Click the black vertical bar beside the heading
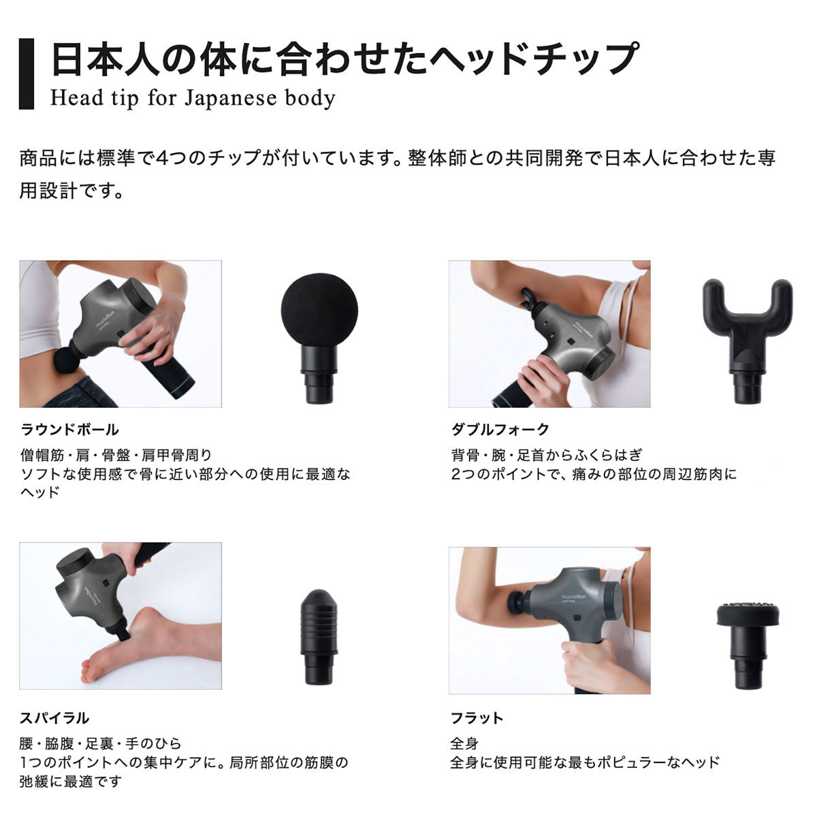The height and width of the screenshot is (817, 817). (26, 74)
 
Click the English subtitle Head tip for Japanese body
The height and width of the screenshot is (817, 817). (193, 98)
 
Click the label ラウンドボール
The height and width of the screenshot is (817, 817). (70, 430)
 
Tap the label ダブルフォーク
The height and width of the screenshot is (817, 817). (500, 430)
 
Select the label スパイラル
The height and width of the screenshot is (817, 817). (55, 718)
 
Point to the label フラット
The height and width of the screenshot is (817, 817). (477, 718)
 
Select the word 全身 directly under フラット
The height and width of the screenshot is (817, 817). (464, 743)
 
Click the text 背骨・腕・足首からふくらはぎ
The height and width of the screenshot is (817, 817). (546, 455)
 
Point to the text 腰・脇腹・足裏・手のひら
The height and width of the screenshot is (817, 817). (100, 743)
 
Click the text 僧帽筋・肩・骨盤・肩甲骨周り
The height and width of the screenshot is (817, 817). (116, 455)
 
